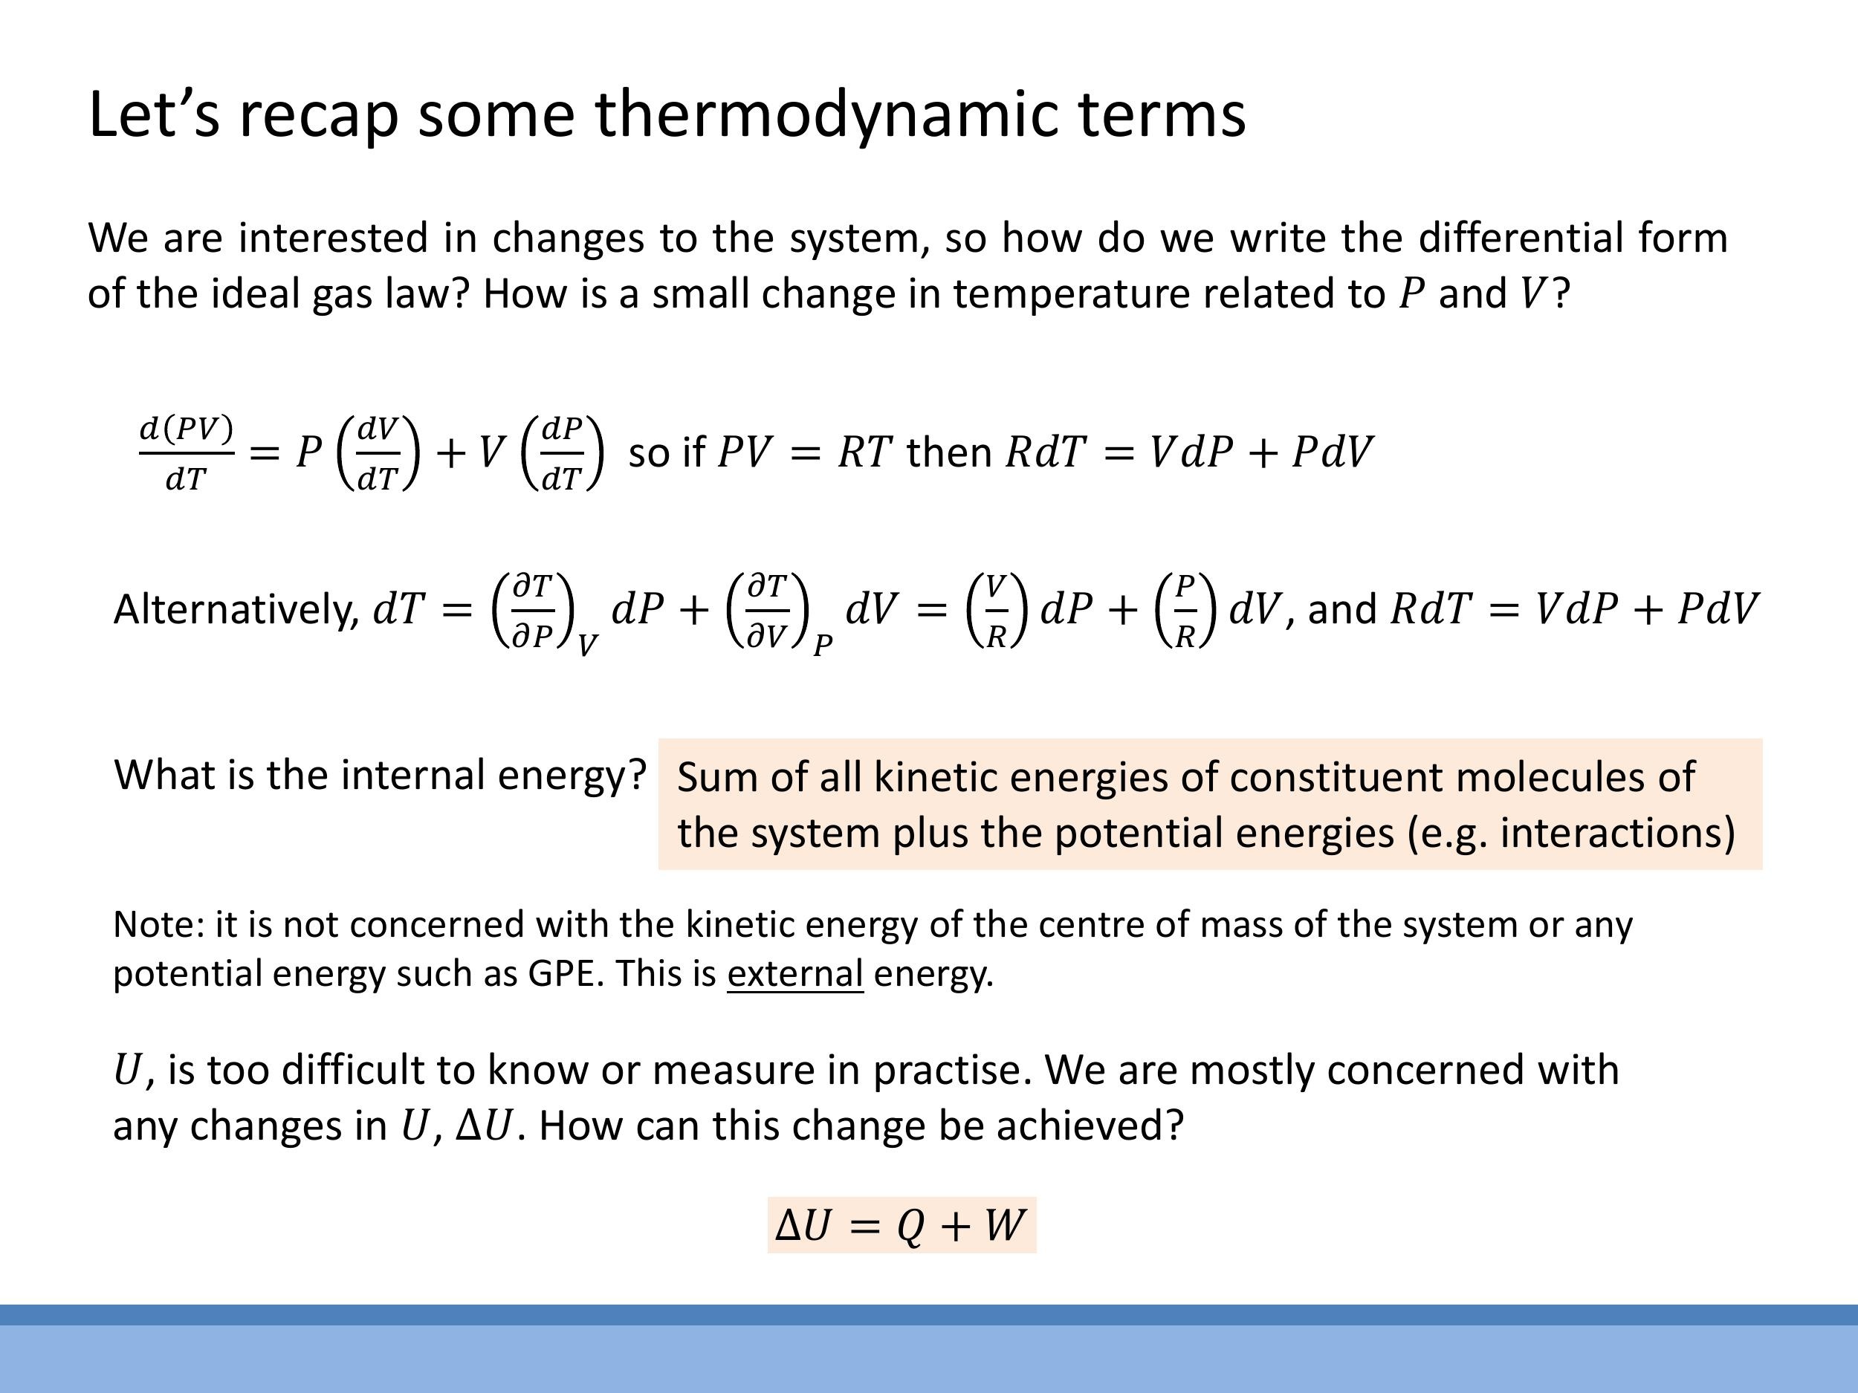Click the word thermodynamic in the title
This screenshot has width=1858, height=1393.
click(828, 114)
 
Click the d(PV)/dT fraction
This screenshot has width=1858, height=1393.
click(186, 452)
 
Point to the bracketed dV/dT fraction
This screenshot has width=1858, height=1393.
click(377, 452)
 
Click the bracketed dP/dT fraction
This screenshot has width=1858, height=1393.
click(562, 452)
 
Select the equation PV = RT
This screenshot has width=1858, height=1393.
click(804, 452)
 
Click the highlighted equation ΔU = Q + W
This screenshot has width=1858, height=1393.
click(902, 1225)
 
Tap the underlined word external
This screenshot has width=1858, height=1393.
click(794, 974)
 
